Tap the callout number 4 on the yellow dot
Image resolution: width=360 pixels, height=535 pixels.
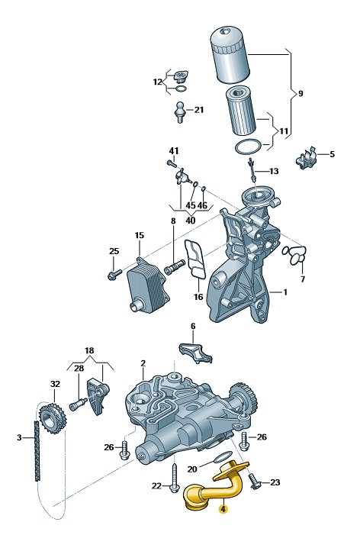[x=223, y=509]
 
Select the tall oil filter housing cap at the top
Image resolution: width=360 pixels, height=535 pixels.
[x=230, y=56]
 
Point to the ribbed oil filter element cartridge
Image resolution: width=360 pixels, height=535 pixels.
[x=242, y=111]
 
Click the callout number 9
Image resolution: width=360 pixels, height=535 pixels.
[x=301, y=93]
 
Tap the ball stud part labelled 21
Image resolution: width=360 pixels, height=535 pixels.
[x=180, y=111]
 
